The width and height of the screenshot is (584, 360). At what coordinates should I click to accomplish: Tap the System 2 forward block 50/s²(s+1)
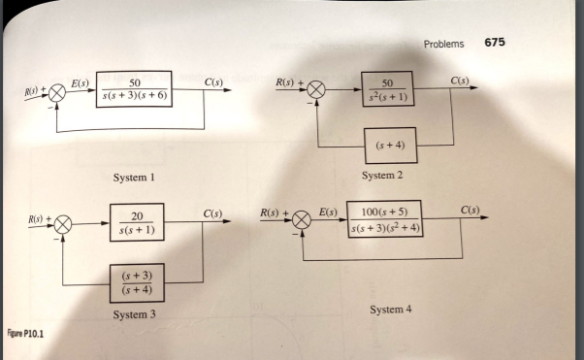click(x=388, y=88)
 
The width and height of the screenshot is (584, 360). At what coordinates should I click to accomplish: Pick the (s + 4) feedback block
click(x=389, y=146)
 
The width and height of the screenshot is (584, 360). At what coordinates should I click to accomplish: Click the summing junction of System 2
click(x=318, y=90)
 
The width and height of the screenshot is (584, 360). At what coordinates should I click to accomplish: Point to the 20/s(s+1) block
click(x=140, y=223)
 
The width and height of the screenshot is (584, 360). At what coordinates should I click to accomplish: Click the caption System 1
click(x=133, y=178)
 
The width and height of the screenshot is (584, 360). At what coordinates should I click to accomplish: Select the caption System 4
click(x=390, y=309)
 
